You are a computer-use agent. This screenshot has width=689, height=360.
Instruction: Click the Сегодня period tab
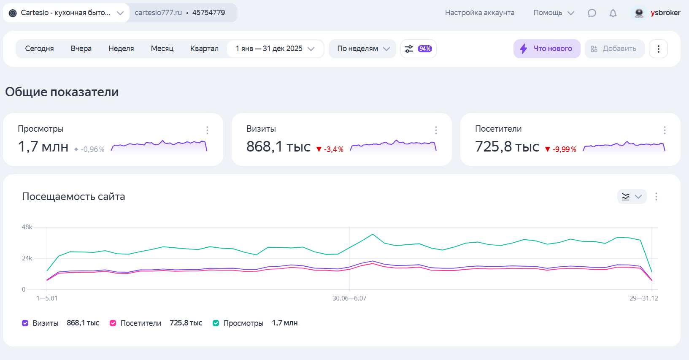pyautogui.click(x=39, y=49)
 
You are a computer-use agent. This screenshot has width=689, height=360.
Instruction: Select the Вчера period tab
pyautogui.click(x=81, y=49)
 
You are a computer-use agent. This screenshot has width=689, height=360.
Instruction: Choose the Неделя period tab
pyautogui.click(x=121, y=49)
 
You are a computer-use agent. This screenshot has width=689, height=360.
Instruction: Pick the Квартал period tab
pyautogui.click(x=204, y=49)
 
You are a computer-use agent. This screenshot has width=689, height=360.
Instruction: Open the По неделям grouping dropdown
pyautogui.click(x=363, y=49)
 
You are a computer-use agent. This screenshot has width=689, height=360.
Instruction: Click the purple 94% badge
pyautogui.click(x=425, y=49)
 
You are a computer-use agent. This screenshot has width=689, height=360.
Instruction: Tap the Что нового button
pyautogui.click(x=546, y=49)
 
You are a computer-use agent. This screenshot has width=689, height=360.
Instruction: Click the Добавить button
pyautogui.click(x=614, y=49)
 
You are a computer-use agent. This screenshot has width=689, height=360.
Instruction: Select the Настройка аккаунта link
pyautogui.click(x=480, y=13)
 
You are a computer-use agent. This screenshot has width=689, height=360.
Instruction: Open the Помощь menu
pyautogui.click(x=554, y=13)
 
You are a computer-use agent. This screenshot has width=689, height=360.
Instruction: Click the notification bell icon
pyautogui.click(x=613, y=13)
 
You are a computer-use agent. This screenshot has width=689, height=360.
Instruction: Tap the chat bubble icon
pyautogui.click(x=592, y=13)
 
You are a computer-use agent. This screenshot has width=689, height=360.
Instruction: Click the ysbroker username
pyautogui.click(x=665, y=13)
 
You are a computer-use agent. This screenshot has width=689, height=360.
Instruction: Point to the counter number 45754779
pyautogui.click(x=208, y=13)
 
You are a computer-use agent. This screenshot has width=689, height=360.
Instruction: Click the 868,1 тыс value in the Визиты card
pyautogui.click(x=278, y=146)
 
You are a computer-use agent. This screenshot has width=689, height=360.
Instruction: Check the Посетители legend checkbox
pyautogui.click(x=113, y=323)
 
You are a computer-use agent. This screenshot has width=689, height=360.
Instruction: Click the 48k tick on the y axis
pyautogui.click(x=27, y=227)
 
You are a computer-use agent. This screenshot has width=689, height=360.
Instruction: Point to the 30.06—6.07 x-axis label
pyautogui.click(x=349, y=298)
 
